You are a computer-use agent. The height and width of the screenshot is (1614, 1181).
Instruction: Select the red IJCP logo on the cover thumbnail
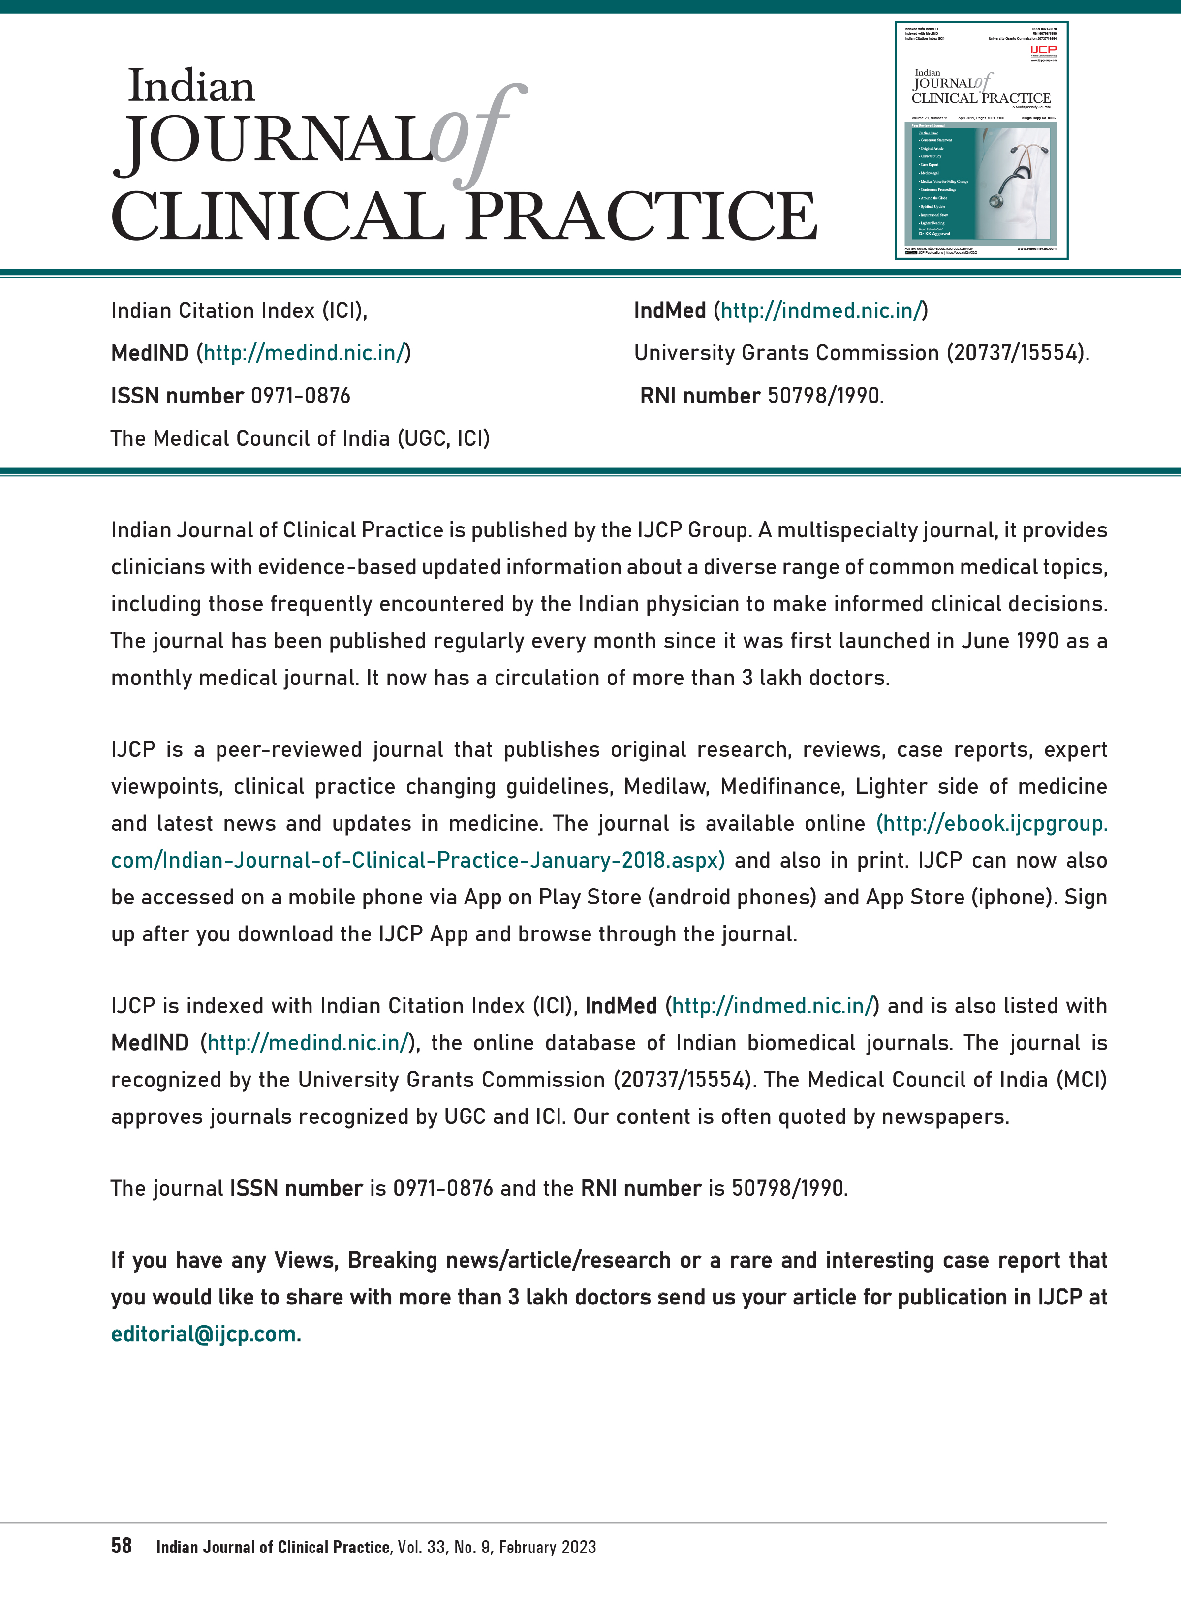tap(1043, 49)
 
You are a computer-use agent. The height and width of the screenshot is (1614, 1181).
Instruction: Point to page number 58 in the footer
tap(122, 1546)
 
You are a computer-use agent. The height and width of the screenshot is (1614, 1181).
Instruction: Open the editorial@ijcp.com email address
tap(205, 1334)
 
